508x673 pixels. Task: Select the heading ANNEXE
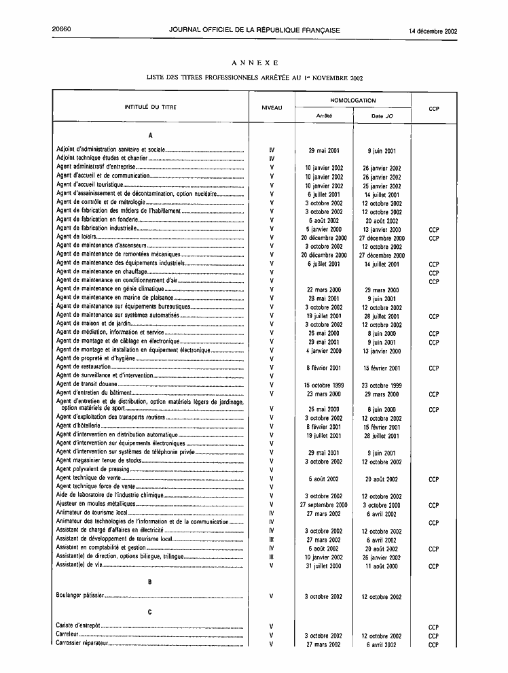(x=254, y=63)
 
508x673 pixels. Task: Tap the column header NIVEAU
(x=272, y=108)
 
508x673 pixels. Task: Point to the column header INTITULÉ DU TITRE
(x=151, y=107)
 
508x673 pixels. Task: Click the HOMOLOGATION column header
(x=352, y=101)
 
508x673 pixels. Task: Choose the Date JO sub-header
(x=382, y=116)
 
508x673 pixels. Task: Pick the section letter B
(x=149, y=582)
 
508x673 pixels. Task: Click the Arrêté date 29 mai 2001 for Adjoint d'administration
(x=324, y=151)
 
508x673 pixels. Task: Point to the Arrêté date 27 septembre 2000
(x=323, y=505)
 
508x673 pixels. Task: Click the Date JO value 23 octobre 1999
(x=381, y=385)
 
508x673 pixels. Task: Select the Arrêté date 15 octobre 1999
(x=323, y=385)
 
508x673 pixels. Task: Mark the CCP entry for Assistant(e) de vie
(x=434, y=566)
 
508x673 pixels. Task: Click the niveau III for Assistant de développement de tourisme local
(x=272, y=540)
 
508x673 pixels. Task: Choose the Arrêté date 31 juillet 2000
(x=323, y=566)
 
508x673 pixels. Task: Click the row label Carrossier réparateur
(x=84, y=644)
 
